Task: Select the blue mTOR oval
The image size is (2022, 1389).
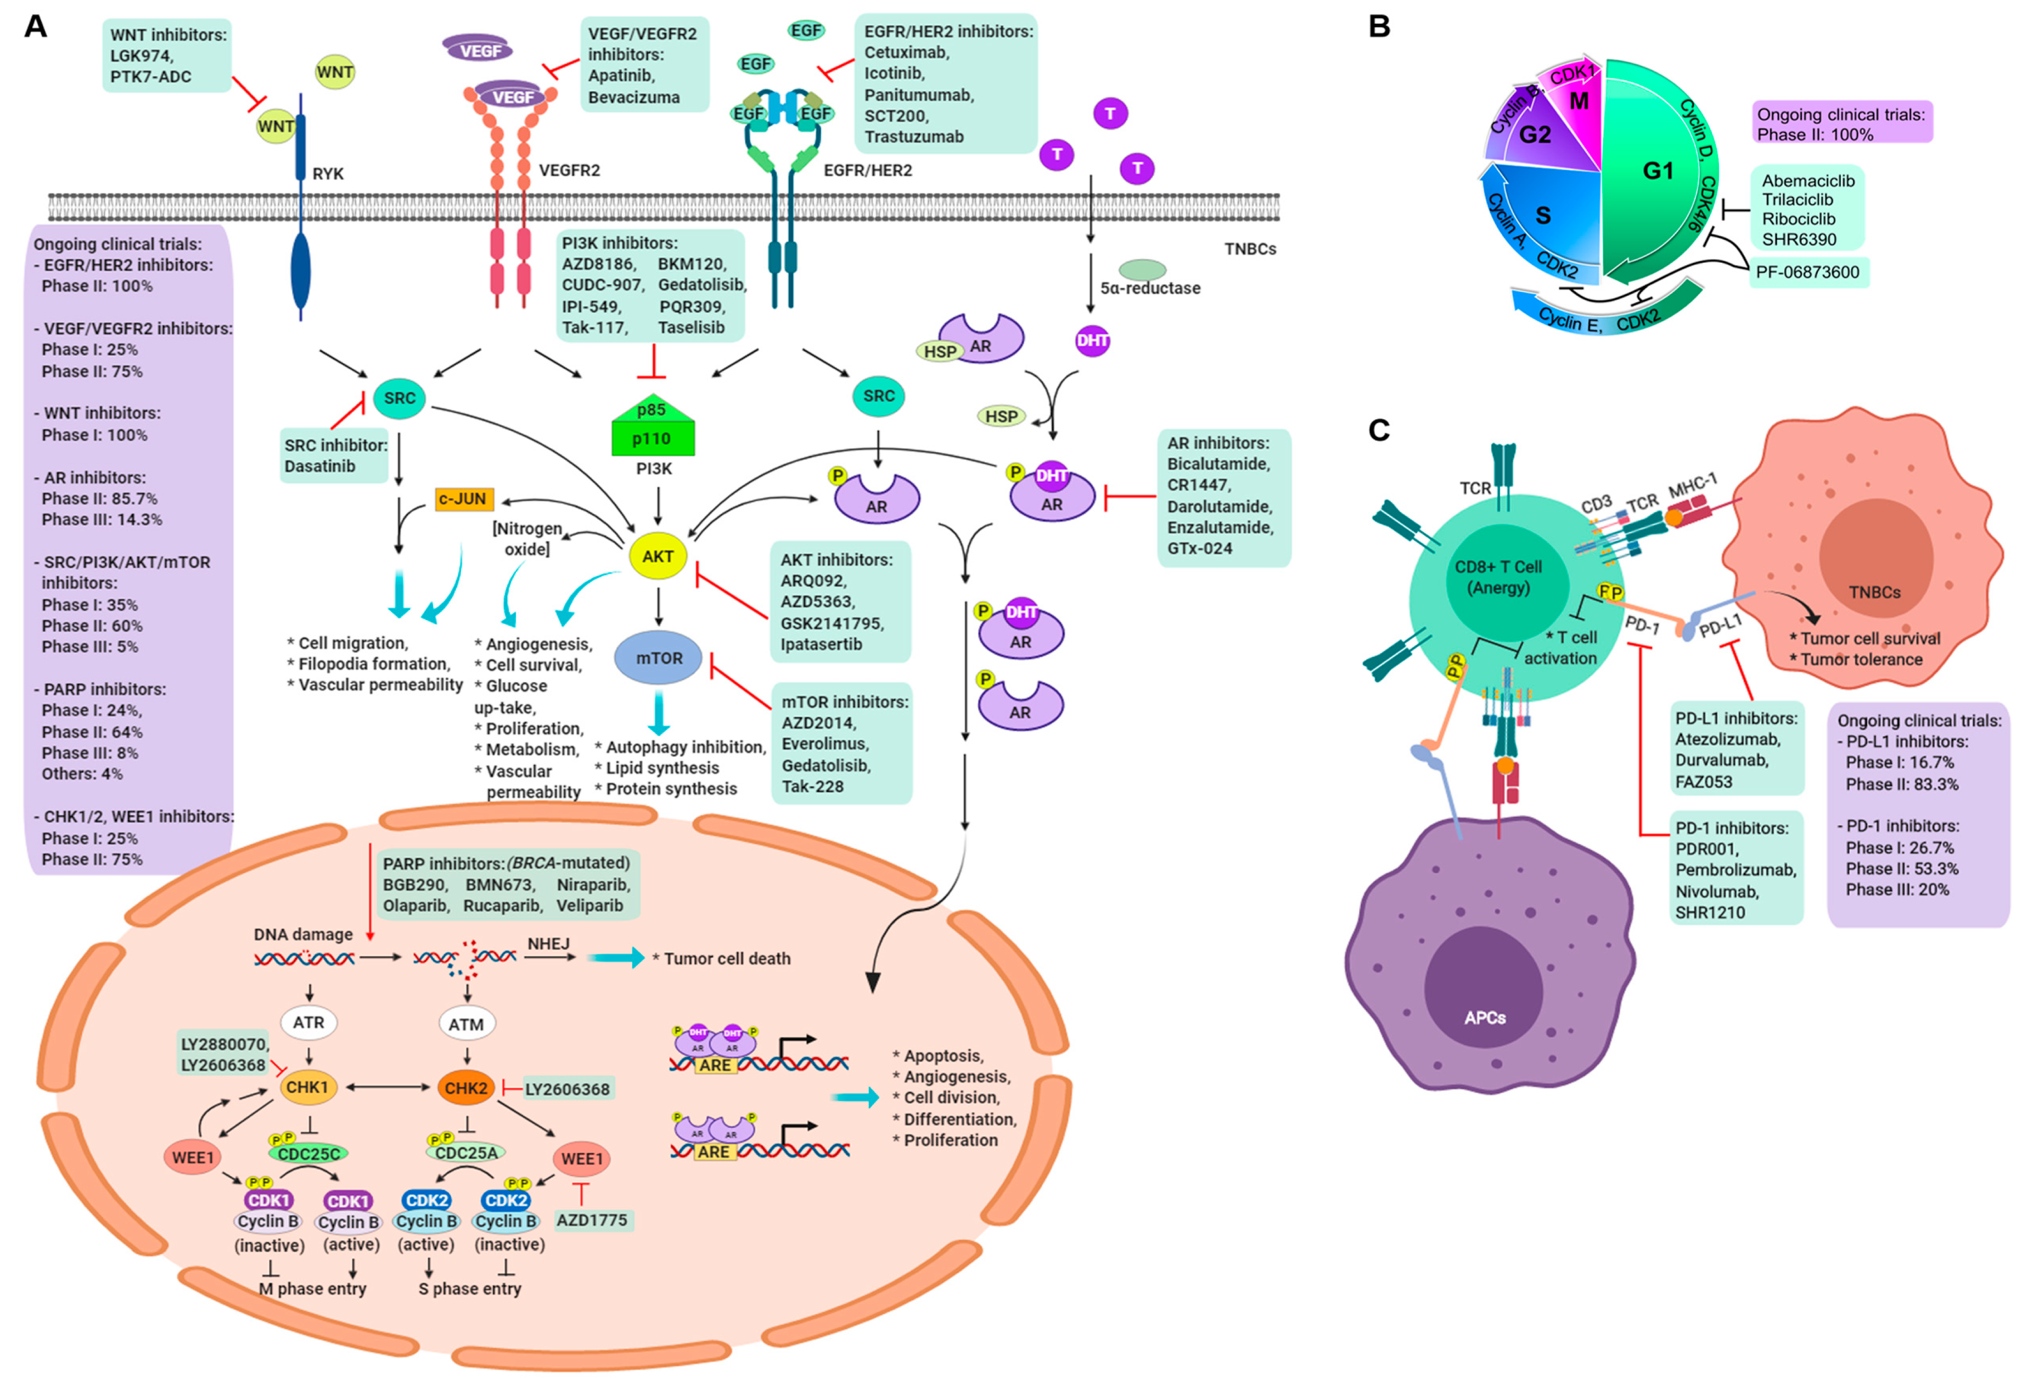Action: [659, 659]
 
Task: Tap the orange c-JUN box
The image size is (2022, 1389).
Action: [463, 499]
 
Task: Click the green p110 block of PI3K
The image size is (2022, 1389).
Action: [653, 438]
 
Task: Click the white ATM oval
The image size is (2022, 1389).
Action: [467, 1025]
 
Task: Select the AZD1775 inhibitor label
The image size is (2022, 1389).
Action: [592, 1220]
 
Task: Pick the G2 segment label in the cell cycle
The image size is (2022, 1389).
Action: [1535, 135]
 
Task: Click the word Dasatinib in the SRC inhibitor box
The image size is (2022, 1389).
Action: [319, 466]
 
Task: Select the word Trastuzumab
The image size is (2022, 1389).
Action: [913, 137]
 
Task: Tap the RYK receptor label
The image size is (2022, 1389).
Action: [328, 174]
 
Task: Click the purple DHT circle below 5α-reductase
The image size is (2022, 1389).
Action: [1092, 340]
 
